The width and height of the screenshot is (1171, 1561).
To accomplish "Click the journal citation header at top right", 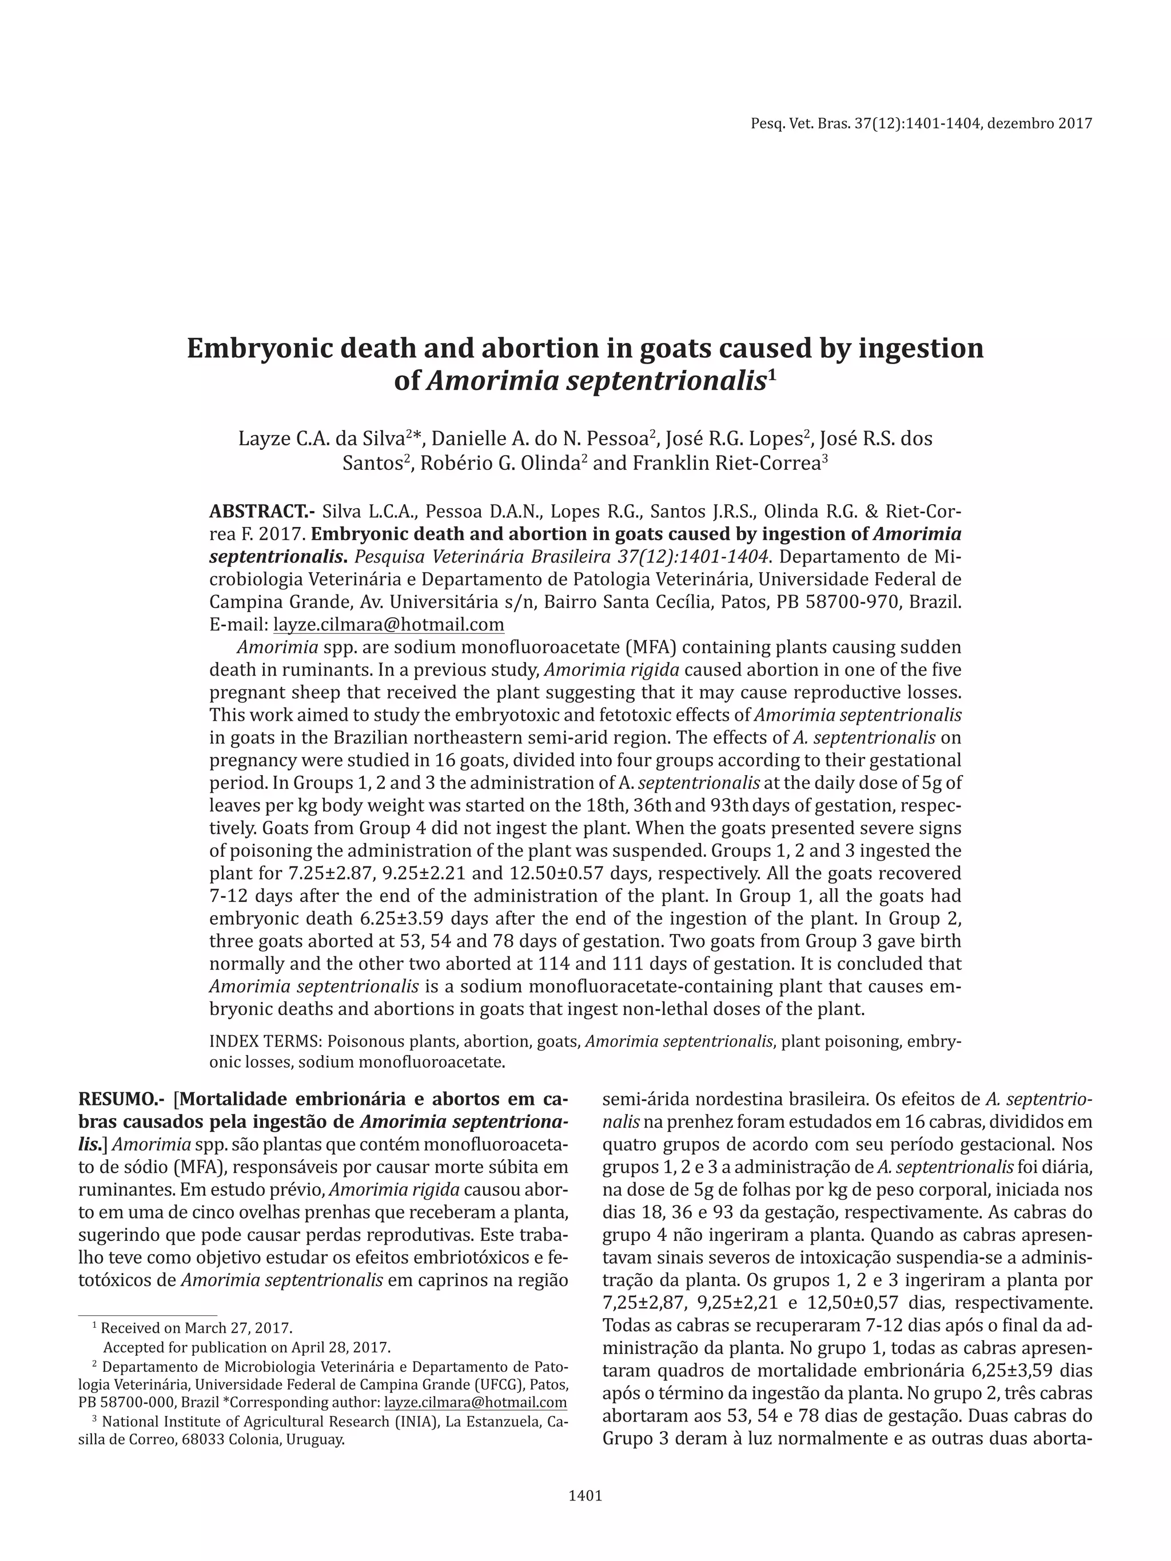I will (921, 123).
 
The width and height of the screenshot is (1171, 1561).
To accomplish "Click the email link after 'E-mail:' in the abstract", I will (388, 625).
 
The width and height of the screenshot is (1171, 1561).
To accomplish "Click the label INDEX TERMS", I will (265, 1041).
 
